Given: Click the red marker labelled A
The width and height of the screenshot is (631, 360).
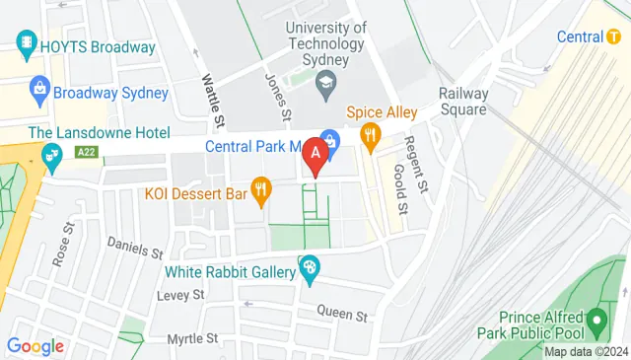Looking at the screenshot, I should pos(315,155).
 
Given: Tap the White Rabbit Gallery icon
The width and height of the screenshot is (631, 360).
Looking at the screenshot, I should pos(309,267).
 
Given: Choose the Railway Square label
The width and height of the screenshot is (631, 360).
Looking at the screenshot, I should pos(462,102).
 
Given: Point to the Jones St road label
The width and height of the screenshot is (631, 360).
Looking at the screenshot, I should pos(279,97).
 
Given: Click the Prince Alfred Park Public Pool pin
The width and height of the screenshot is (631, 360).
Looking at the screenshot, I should pos(596,321).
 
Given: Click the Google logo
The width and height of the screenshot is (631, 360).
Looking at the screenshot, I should pos(35,346).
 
